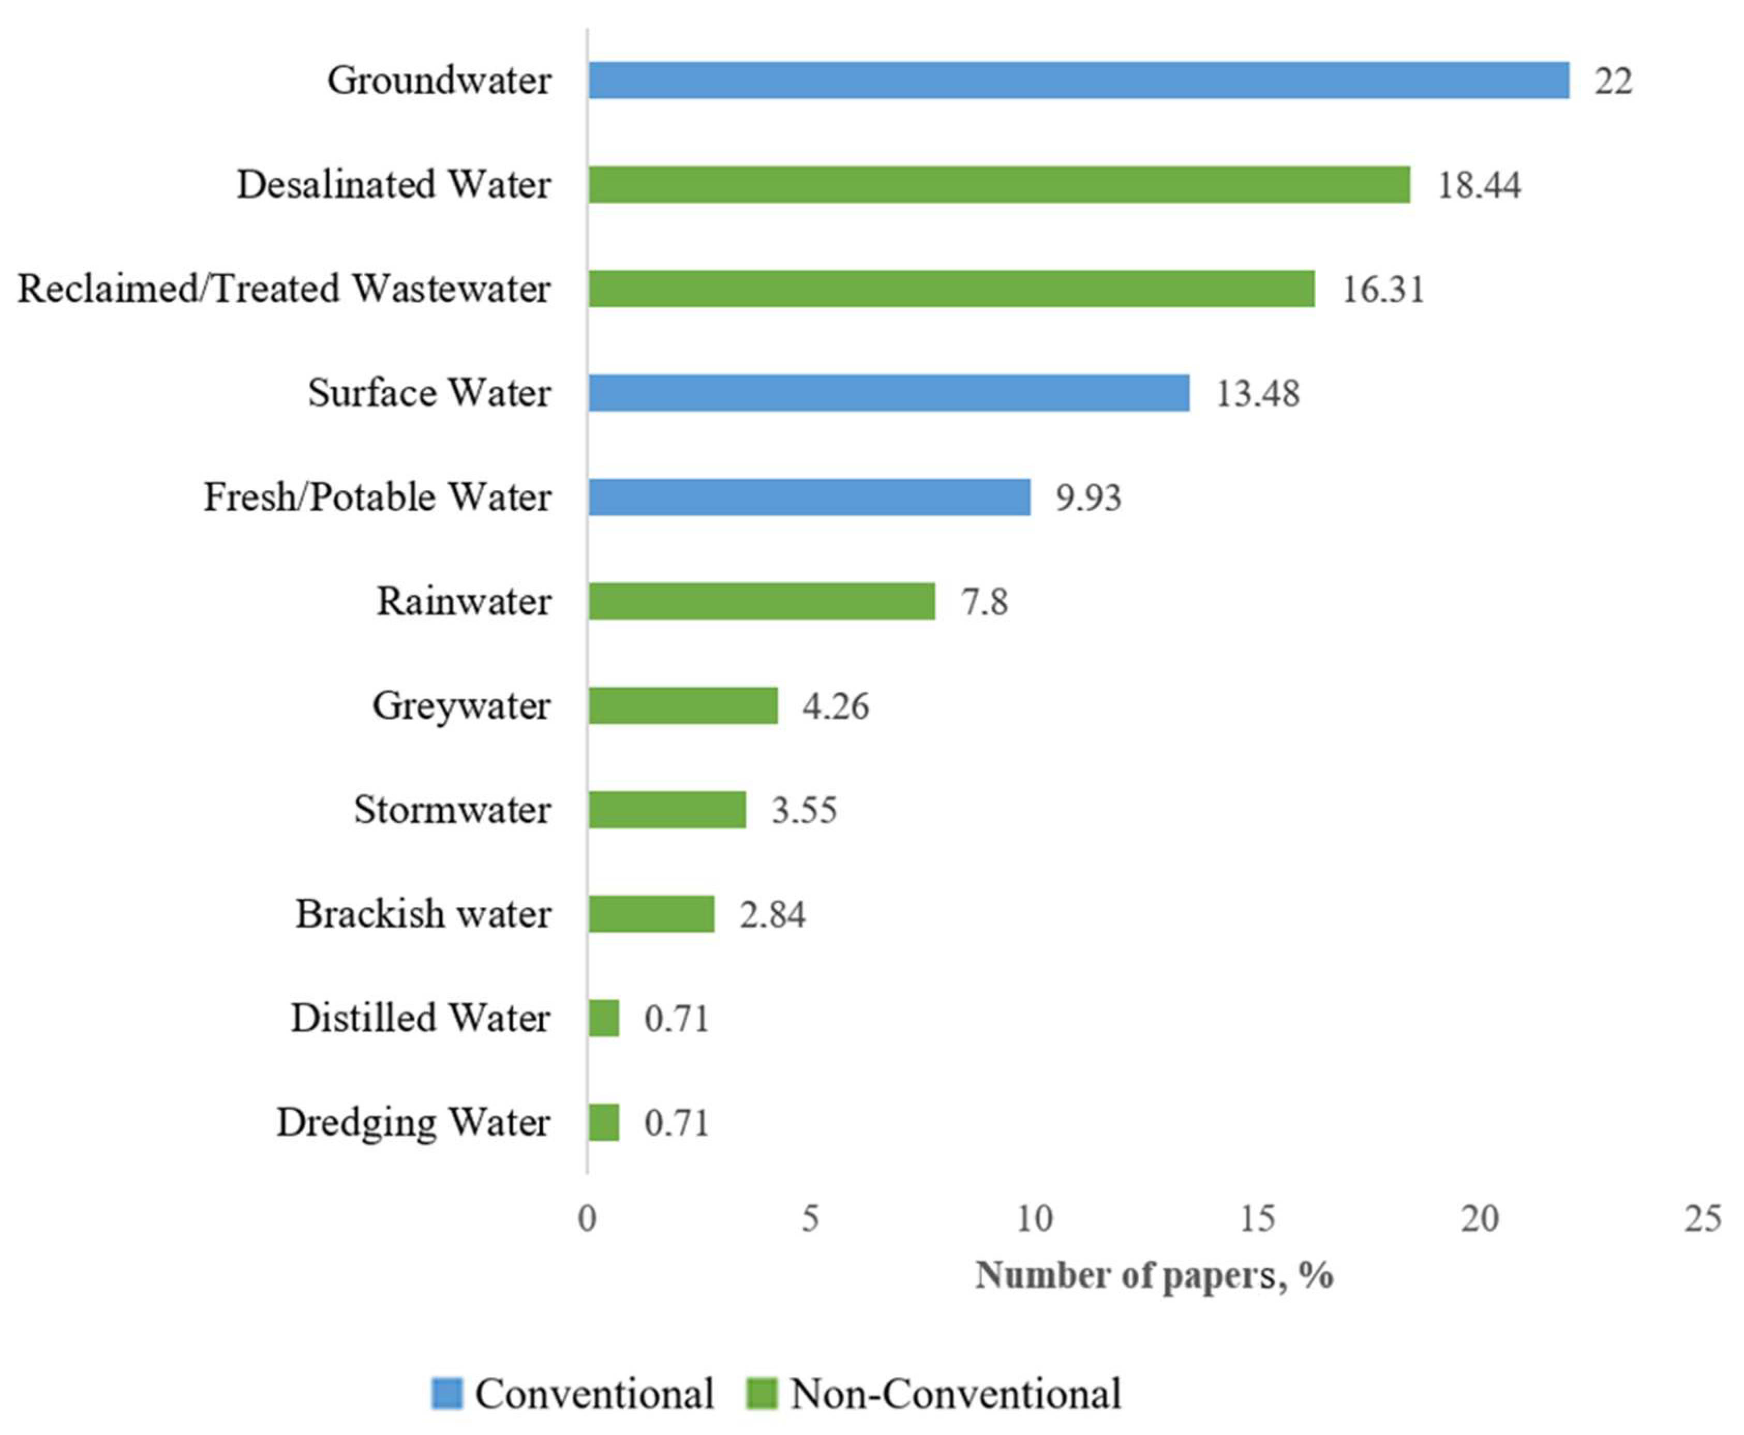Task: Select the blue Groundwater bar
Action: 1078,80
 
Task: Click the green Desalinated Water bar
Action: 999,184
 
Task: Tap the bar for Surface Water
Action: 888,392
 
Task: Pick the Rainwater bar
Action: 761,601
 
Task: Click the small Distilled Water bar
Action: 604,1018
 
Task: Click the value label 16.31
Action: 1383,289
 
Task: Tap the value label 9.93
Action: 1088,497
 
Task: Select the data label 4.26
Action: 835,706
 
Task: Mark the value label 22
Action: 1613,81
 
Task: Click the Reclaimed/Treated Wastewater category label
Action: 284,289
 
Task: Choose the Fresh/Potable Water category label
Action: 377,497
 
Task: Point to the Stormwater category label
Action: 452,809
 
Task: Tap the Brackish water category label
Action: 423,913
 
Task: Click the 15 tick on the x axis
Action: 1257,1218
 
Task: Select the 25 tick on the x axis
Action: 1703,1218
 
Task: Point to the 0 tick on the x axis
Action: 587,1218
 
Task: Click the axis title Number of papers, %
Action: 1154,1275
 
